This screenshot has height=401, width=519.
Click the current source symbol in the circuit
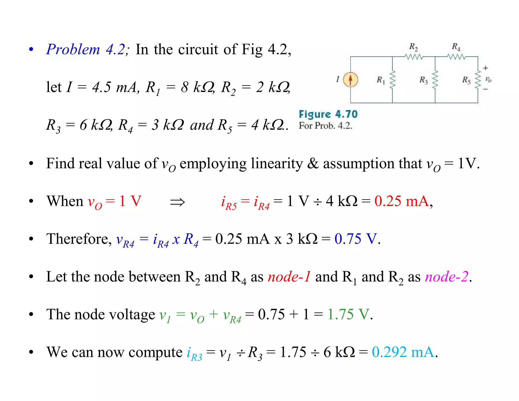click(350, 80)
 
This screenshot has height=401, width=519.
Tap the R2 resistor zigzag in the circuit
click(414, 57)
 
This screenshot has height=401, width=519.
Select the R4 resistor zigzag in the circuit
click(456, 57)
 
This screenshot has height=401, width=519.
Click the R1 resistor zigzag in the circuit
click(392, 80)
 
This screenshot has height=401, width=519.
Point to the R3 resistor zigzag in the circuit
click(435, 80)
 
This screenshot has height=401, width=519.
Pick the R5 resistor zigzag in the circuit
click(478, 80)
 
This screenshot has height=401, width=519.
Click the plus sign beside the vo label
click(485, 68)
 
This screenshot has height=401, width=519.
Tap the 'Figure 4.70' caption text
click(328, 114)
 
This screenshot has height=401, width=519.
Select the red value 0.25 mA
click(402, 201)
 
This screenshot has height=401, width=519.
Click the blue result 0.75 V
click(356, 239)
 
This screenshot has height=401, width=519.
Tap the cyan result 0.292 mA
click(403, 352)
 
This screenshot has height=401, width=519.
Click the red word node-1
click(289, 277)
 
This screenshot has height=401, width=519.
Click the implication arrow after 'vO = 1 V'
click(177, 202)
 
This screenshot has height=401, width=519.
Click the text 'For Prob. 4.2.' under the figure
click(325, 126)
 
